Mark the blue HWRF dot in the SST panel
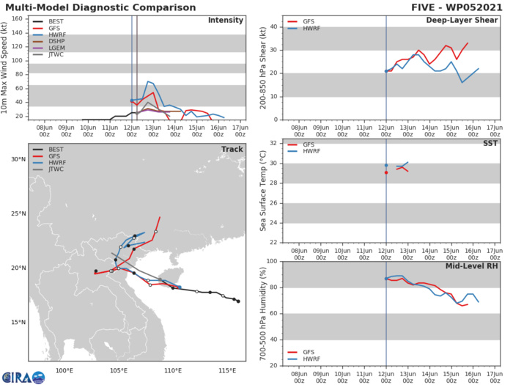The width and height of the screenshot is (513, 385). click(x=386, y=165)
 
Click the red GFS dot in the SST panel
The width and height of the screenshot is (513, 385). click(x=386, y=172)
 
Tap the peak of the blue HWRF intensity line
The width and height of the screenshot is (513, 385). click(x=148, y=81)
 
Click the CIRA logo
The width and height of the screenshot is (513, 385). click(x=23, y=376)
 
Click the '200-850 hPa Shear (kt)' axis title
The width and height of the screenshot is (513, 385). click(x=263, y=67)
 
